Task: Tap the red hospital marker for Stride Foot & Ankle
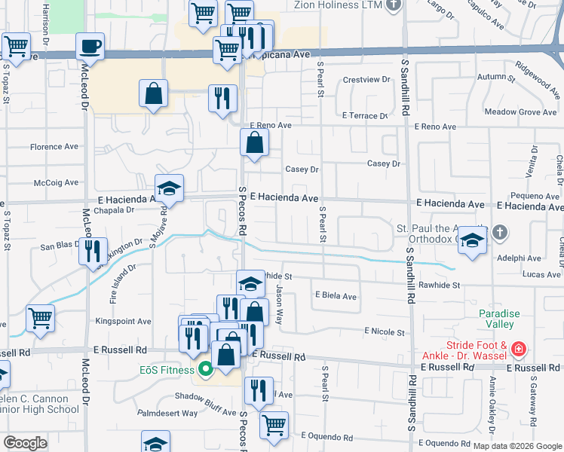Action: click(518, 350)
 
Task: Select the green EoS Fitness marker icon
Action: click(204, 369)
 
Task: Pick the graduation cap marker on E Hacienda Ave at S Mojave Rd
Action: click(170, 189)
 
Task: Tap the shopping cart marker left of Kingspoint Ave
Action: click(40, 317)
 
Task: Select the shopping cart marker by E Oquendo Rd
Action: click(274, 424)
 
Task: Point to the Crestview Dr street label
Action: click(366, 80)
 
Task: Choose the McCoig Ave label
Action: click(57, 182)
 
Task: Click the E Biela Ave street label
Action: click(336, 297)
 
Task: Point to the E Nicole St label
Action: click(385, 331)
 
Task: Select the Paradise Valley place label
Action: click(495, 319)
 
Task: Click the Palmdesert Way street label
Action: click(167, 413)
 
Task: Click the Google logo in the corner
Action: click(25, 443)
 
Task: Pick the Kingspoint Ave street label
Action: click(124, 321)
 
